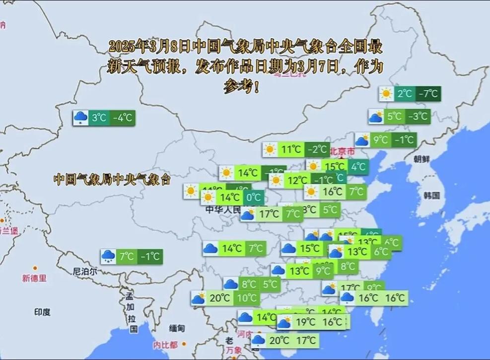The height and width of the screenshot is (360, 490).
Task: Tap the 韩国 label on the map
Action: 431,195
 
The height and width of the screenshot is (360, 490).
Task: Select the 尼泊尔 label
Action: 84,272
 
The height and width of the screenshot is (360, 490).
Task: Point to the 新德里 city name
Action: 34,278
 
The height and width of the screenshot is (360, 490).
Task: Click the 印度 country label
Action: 42,312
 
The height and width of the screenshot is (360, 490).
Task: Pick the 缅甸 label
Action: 177,328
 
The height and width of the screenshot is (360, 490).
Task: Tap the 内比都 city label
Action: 165,344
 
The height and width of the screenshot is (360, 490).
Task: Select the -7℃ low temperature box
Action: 427,93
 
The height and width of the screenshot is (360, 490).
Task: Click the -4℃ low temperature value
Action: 122,118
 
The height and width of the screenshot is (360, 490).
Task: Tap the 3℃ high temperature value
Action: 99,118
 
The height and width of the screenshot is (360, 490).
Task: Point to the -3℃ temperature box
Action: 418,117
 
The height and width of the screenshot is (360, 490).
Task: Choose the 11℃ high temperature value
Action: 291,149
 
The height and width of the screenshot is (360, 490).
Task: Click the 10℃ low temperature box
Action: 246,298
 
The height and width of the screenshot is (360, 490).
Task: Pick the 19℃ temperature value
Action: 305,322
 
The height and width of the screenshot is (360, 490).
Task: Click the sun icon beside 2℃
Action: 386,93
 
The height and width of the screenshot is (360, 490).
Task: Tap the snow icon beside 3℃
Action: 80,118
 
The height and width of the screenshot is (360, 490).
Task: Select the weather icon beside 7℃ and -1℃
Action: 108,257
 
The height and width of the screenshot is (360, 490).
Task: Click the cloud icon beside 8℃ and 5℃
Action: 230,284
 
